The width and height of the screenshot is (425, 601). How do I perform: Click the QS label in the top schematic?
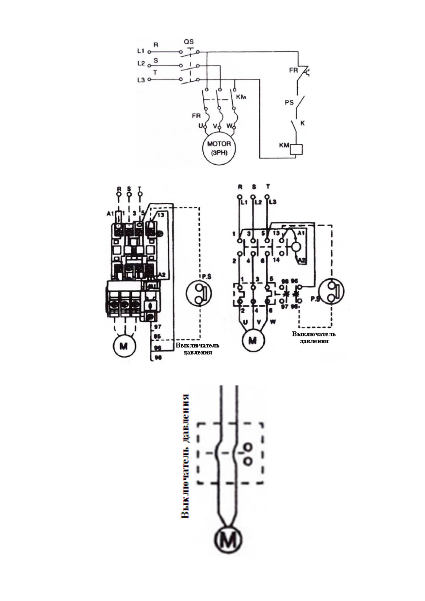pyautogui.click(x=189, y=42)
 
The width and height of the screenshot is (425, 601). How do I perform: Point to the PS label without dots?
pyautogui.click(x=289, y=102)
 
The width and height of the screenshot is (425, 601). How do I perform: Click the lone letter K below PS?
pyautogui.click(x=303, y=123)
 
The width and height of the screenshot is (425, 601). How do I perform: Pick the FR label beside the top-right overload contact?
pyautogui.click(x=293, y=70)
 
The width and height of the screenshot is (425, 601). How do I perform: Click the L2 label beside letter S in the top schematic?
pyautogui.click(x=141, y=64)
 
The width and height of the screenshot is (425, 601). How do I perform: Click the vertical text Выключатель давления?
pyautogui.click(x=184, y=456)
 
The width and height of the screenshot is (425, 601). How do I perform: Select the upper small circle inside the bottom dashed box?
pyautogui.click(x=248, y=447)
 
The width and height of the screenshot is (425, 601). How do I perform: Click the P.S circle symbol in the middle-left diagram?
pyautogui.click(x=199, y=293)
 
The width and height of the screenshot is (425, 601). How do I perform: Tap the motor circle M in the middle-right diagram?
pyautogui.click(x=253, y=340)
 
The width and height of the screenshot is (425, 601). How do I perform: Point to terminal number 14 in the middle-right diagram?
pyautogui.click(x=276, y=260)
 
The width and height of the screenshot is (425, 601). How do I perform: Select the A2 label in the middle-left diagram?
pyautogui.click(x=162, y=274)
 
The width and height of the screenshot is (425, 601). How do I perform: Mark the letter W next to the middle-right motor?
pyautogui.click(x=273, y=322)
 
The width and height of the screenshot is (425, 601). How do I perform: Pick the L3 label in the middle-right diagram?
pyautogui.click(x=273, y=202)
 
